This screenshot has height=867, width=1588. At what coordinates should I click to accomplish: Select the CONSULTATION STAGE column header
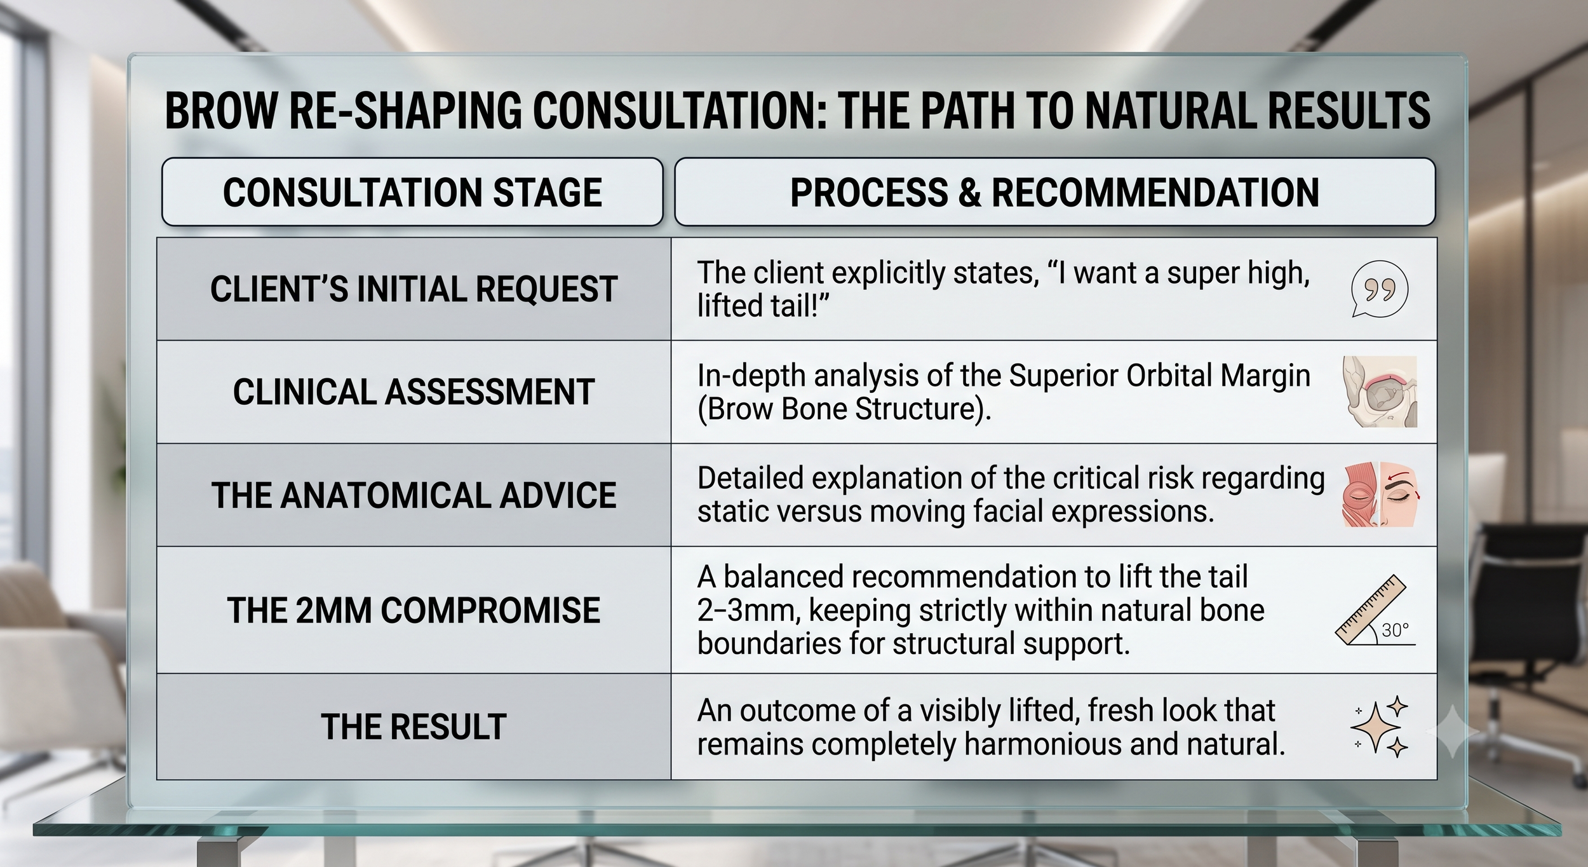click(412, 192)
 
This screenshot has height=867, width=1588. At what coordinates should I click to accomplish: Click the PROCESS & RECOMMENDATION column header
click(1054, 192)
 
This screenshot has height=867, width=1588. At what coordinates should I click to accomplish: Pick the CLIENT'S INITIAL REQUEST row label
click(414, 289)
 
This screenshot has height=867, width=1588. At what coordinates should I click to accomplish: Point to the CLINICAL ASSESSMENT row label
click(414, 392)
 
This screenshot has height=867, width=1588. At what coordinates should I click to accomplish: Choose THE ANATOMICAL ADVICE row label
click(414, 495)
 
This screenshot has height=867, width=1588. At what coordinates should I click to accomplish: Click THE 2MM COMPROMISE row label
click(414, 610)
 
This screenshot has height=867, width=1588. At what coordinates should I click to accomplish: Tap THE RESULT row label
click(414, 727)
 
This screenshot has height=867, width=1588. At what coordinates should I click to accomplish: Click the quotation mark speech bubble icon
click(1379, 290)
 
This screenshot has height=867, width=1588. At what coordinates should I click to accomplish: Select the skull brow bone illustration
click(1380, 392)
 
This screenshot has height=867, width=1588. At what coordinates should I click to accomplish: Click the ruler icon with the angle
click(1369, 611)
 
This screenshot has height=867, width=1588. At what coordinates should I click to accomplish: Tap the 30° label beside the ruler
click(1396, 630)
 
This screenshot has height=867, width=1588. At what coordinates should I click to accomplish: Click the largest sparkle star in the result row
click(1375, 728)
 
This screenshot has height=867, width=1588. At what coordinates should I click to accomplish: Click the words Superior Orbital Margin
click(1159, 376)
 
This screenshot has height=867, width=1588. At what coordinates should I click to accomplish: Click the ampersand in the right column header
click(970, 192)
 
